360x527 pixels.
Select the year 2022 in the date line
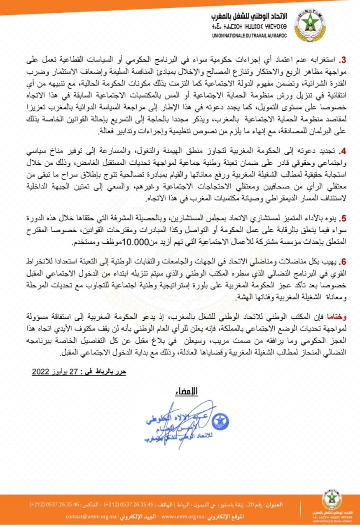coord(41,372)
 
